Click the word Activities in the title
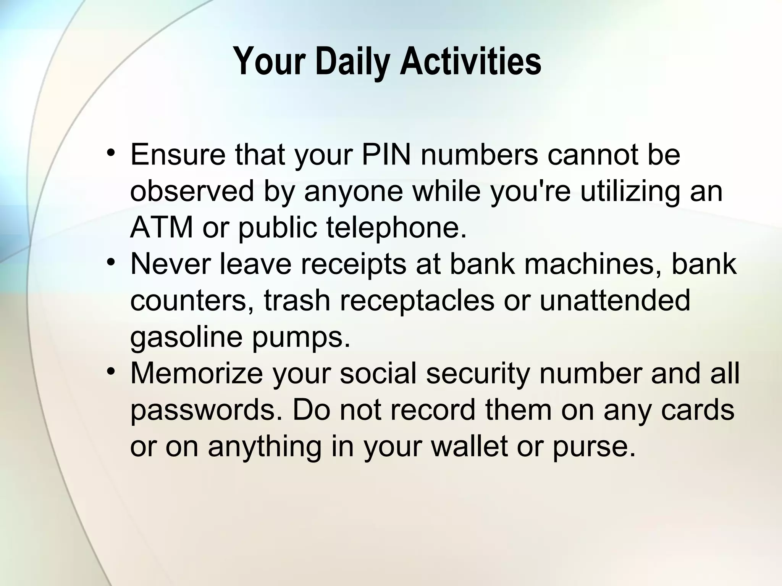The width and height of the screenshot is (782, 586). (470, 62)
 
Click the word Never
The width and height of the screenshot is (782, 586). (171, 264)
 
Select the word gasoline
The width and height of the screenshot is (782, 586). (186, 337)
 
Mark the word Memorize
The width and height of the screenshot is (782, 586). (197, 373)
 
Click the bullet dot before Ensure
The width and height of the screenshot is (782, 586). (111, 153)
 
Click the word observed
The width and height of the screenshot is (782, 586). (192, 191)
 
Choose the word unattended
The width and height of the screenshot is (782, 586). (614, 300)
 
